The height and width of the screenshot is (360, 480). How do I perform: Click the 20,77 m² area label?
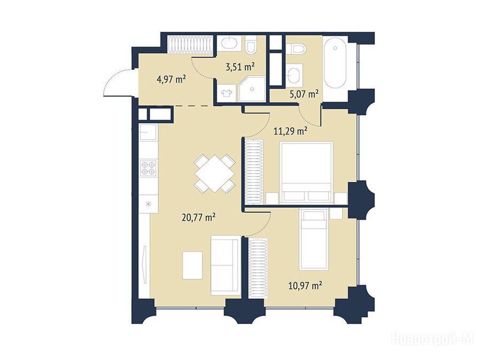pyautogui.click(x=198, y=217)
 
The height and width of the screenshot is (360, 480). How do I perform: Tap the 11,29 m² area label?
pyautogui.click(x=290, y=132)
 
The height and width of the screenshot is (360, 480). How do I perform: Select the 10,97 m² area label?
pyautogui.click(x=305, y=286)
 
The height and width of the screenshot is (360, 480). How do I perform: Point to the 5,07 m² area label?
pyautogui.click(x=304, y=94)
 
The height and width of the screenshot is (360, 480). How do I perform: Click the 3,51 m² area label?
pyautogui.click(x=240, y=67)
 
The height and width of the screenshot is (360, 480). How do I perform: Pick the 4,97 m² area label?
pyautogui.click(x=172, y=80)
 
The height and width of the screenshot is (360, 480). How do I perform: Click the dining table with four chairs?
pyautogui.click(x=215, y=173)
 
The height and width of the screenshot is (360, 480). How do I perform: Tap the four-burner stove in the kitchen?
pyautogui.click(x=149, y=168)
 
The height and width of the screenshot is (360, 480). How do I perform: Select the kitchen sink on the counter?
pyautogui.click(x=148, y=132)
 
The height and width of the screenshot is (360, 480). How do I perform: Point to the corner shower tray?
pyautogui.click(x=252, y=89)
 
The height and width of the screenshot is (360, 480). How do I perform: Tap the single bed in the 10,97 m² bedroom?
pyautogui.click(x=314, y=240)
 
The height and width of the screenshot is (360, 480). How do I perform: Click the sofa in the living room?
pyautogui.click(x=225, y=265)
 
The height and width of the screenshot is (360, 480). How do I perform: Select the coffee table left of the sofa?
pyautogui.click(x=193, y=265)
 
